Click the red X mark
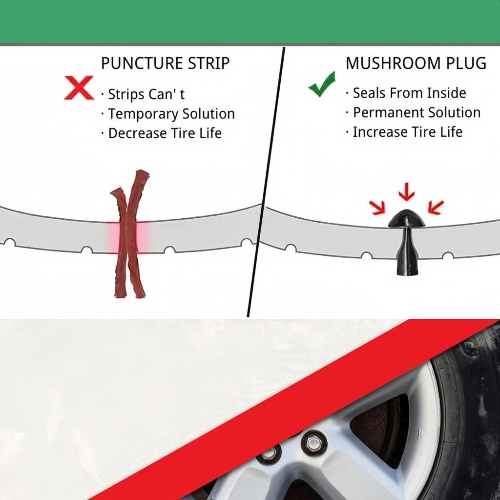(79, 88)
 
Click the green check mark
(322, 84)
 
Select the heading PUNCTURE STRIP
(165, 63)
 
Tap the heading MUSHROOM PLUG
(416, 63)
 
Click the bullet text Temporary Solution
(171, 114)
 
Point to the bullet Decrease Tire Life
(165, 133)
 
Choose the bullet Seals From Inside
(409, 93)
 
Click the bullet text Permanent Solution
(417, 112)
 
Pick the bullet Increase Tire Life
(407, 132)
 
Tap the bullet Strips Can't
(146, 94)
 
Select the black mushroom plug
(406, 244)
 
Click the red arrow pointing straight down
(406, 191)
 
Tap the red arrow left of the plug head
(377, 208)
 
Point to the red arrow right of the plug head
(436, 207)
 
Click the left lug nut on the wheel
(269, 454)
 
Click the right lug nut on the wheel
(314, 442)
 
